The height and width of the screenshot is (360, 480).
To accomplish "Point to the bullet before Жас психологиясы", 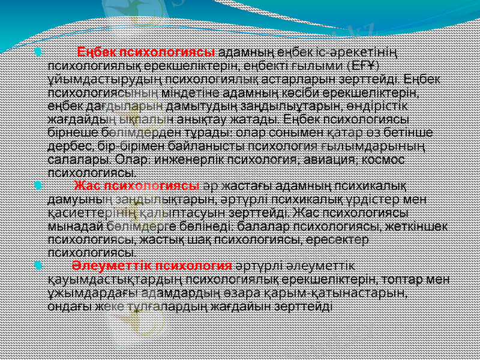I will pyautogui.click(x=38, y=186).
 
